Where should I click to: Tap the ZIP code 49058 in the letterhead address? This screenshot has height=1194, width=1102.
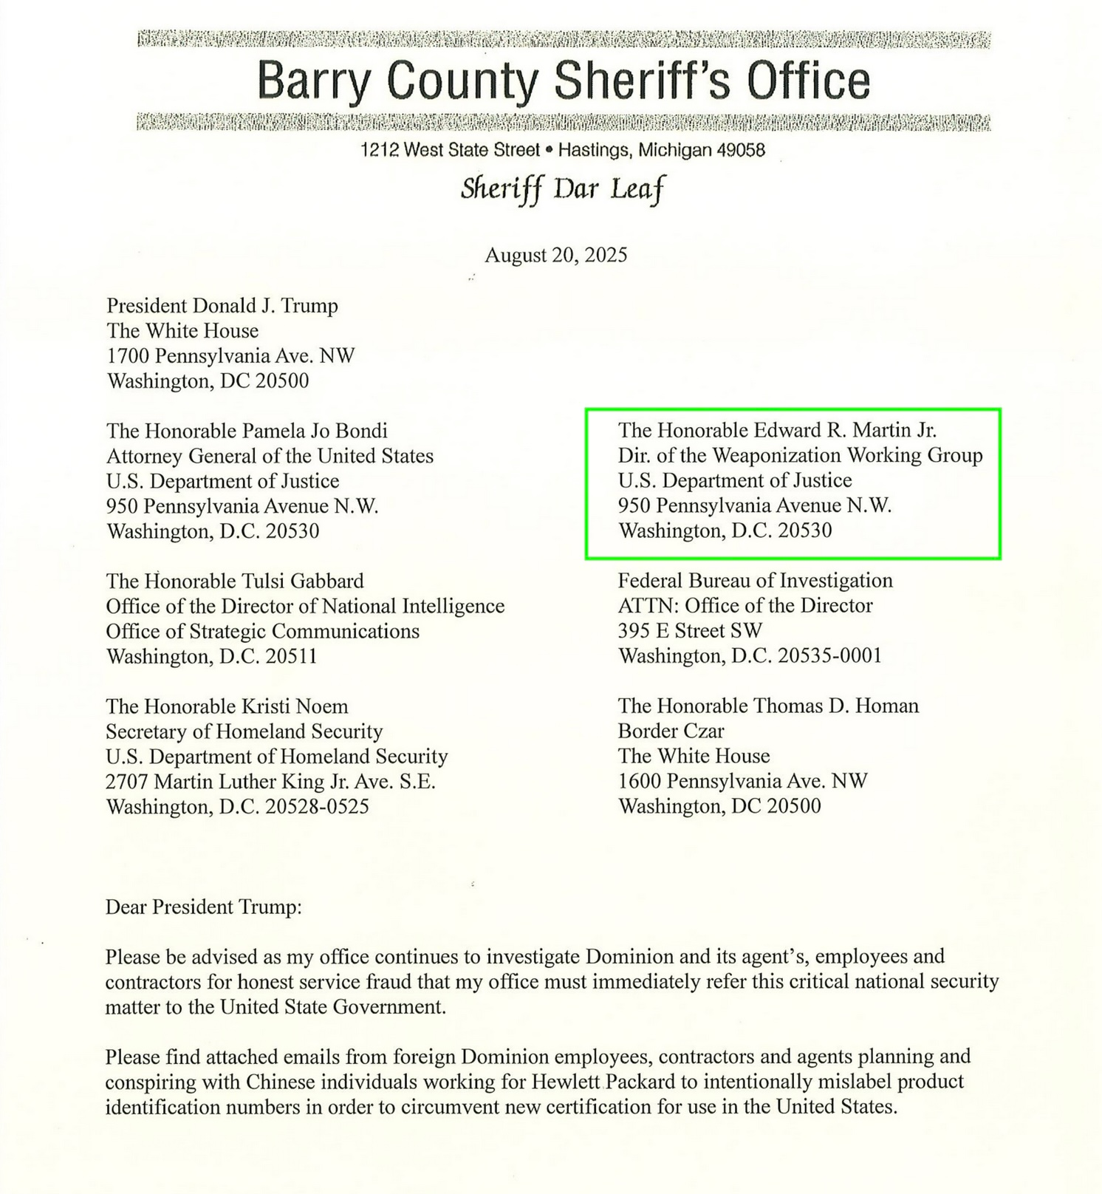(741, 151)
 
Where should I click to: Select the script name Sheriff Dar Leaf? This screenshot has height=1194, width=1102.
(562, 190)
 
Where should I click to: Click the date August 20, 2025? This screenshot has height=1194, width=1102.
(555, 256)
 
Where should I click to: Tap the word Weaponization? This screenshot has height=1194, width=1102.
(776, 455)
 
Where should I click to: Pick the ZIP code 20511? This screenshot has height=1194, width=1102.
(291, 656)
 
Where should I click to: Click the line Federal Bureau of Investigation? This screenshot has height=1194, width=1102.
(755, 581)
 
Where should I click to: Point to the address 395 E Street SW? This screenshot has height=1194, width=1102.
(690, 631)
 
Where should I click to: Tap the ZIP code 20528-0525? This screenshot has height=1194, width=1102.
(317, 807)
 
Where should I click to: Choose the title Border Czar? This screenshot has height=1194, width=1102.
(671, 731)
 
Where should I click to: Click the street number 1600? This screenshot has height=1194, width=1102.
(640, 782)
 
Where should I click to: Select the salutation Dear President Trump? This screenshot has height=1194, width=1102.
(203, 907)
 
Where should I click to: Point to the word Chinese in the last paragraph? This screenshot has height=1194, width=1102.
(281, 1082)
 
